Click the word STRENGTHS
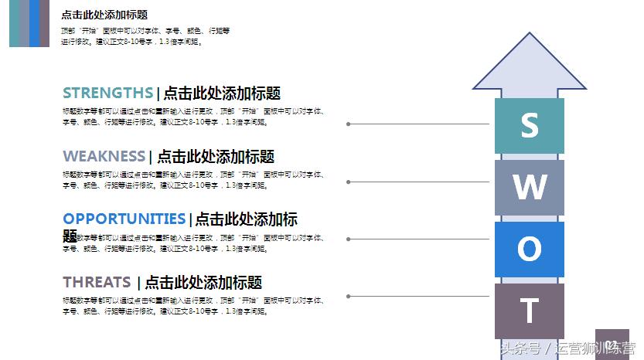click(107, 93)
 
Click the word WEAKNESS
click(104, 157)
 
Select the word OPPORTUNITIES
click(124, 219)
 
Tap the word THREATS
click(97, 283)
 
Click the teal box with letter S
click(530, 125)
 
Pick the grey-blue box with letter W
click(530, 187)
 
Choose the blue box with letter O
click(530, 249)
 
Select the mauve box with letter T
click(530, 311)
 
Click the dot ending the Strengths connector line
click(349, 124)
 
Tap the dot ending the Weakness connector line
click(349, 182)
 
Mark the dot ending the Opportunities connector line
click(349, 239)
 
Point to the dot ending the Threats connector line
click(349, 296)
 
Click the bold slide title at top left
click(104, 15)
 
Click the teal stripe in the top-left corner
click(15, 23)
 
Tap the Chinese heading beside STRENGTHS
click(222, 93)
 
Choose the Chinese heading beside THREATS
click(203, 283)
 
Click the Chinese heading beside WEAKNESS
click(216, 157)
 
